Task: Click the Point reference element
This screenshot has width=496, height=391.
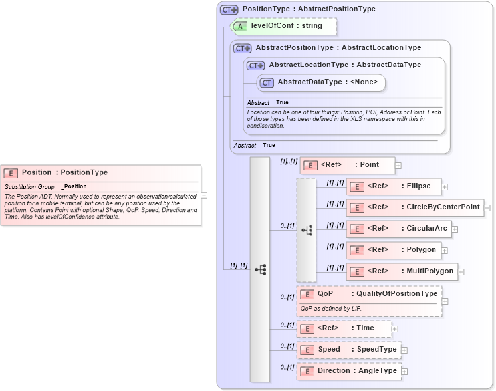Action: (347, 165)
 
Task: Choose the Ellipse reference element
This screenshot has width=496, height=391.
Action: (394, 186)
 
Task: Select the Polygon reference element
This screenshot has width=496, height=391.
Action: (394, 250)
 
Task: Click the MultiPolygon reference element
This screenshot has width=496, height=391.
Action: (402, 271)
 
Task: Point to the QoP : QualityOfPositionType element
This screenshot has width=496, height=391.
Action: (369, 294)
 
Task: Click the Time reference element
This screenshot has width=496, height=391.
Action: (344, 328)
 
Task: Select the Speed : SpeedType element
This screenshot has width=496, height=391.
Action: (348, 350)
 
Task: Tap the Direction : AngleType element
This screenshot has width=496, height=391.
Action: (348, 371)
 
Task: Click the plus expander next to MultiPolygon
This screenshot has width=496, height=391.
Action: (461, 272)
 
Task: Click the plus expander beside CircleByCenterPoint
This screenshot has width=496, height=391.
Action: (487, 208)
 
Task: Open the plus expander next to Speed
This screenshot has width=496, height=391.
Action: (404, 350)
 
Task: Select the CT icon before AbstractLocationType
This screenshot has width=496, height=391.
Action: (256, 65)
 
